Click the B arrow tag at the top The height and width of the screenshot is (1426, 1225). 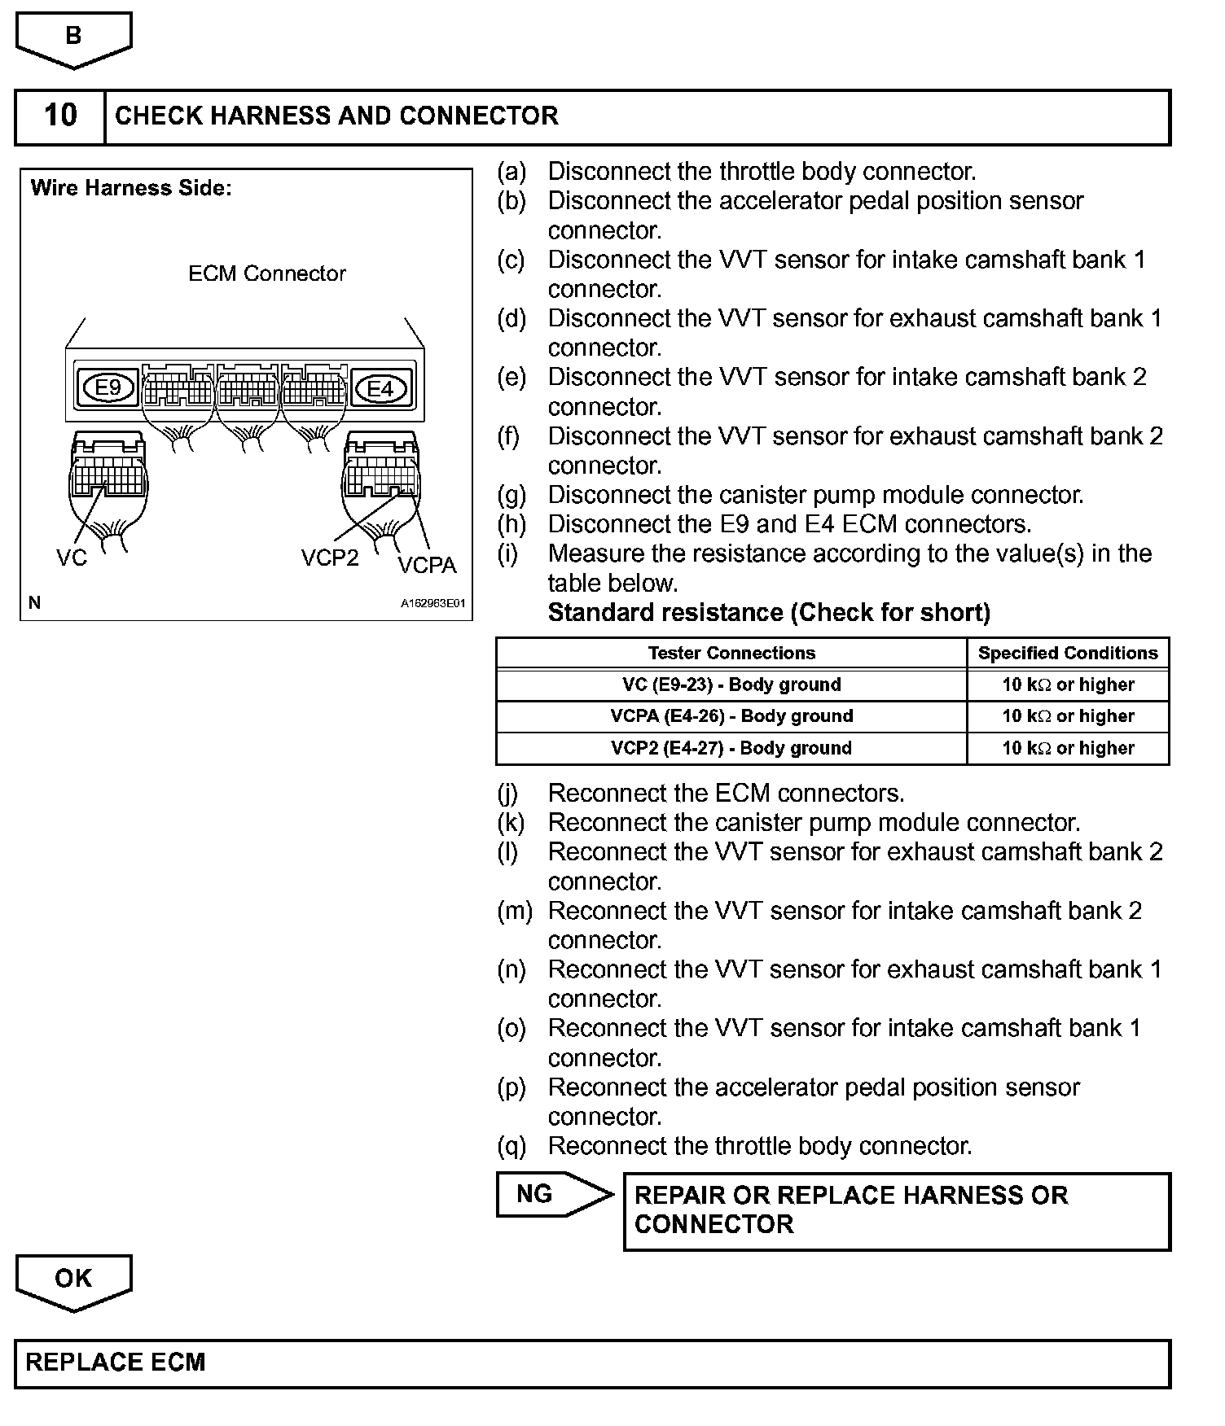coord(73,37)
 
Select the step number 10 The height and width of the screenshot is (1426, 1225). coord(60,116)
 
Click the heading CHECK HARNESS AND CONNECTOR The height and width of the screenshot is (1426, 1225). coord(336,116)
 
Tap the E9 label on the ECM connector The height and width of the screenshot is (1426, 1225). coord(108,387)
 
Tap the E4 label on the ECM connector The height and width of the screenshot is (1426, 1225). coord(380,388)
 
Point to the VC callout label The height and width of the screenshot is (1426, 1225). coord(72,558)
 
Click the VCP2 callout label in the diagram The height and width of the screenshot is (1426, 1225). coord(330,558)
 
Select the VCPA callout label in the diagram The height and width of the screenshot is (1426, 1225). coord(427,565)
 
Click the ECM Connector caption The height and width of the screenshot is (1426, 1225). coord(267,273)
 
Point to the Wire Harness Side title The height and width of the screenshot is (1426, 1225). coord(131,188)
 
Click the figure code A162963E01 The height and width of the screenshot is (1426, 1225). coord(432,604)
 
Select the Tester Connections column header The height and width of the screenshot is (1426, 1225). coord(731,653)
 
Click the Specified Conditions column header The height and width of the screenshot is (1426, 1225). coord(1068,653)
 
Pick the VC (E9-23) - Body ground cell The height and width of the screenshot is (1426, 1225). coord(731,685)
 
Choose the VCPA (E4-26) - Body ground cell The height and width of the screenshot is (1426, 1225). coord(731,716)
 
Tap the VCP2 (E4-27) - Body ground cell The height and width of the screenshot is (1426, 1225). coord(731,748)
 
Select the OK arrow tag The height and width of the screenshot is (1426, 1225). coord(73,1279)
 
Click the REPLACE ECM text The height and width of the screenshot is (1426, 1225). coord(116,1363)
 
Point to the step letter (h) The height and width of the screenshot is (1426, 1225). coord(512,524)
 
